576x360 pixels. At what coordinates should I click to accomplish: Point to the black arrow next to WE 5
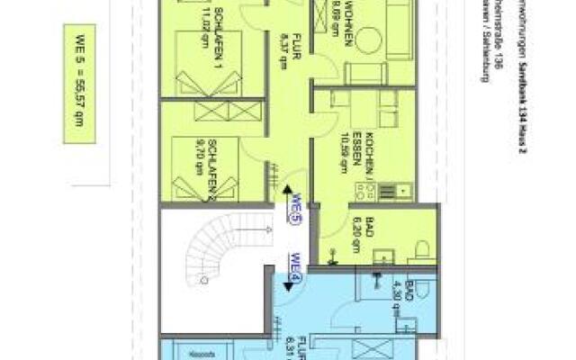tap(286, 193)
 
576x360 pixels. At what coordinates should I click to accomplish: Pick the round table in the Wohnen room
tap(369, 40)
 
